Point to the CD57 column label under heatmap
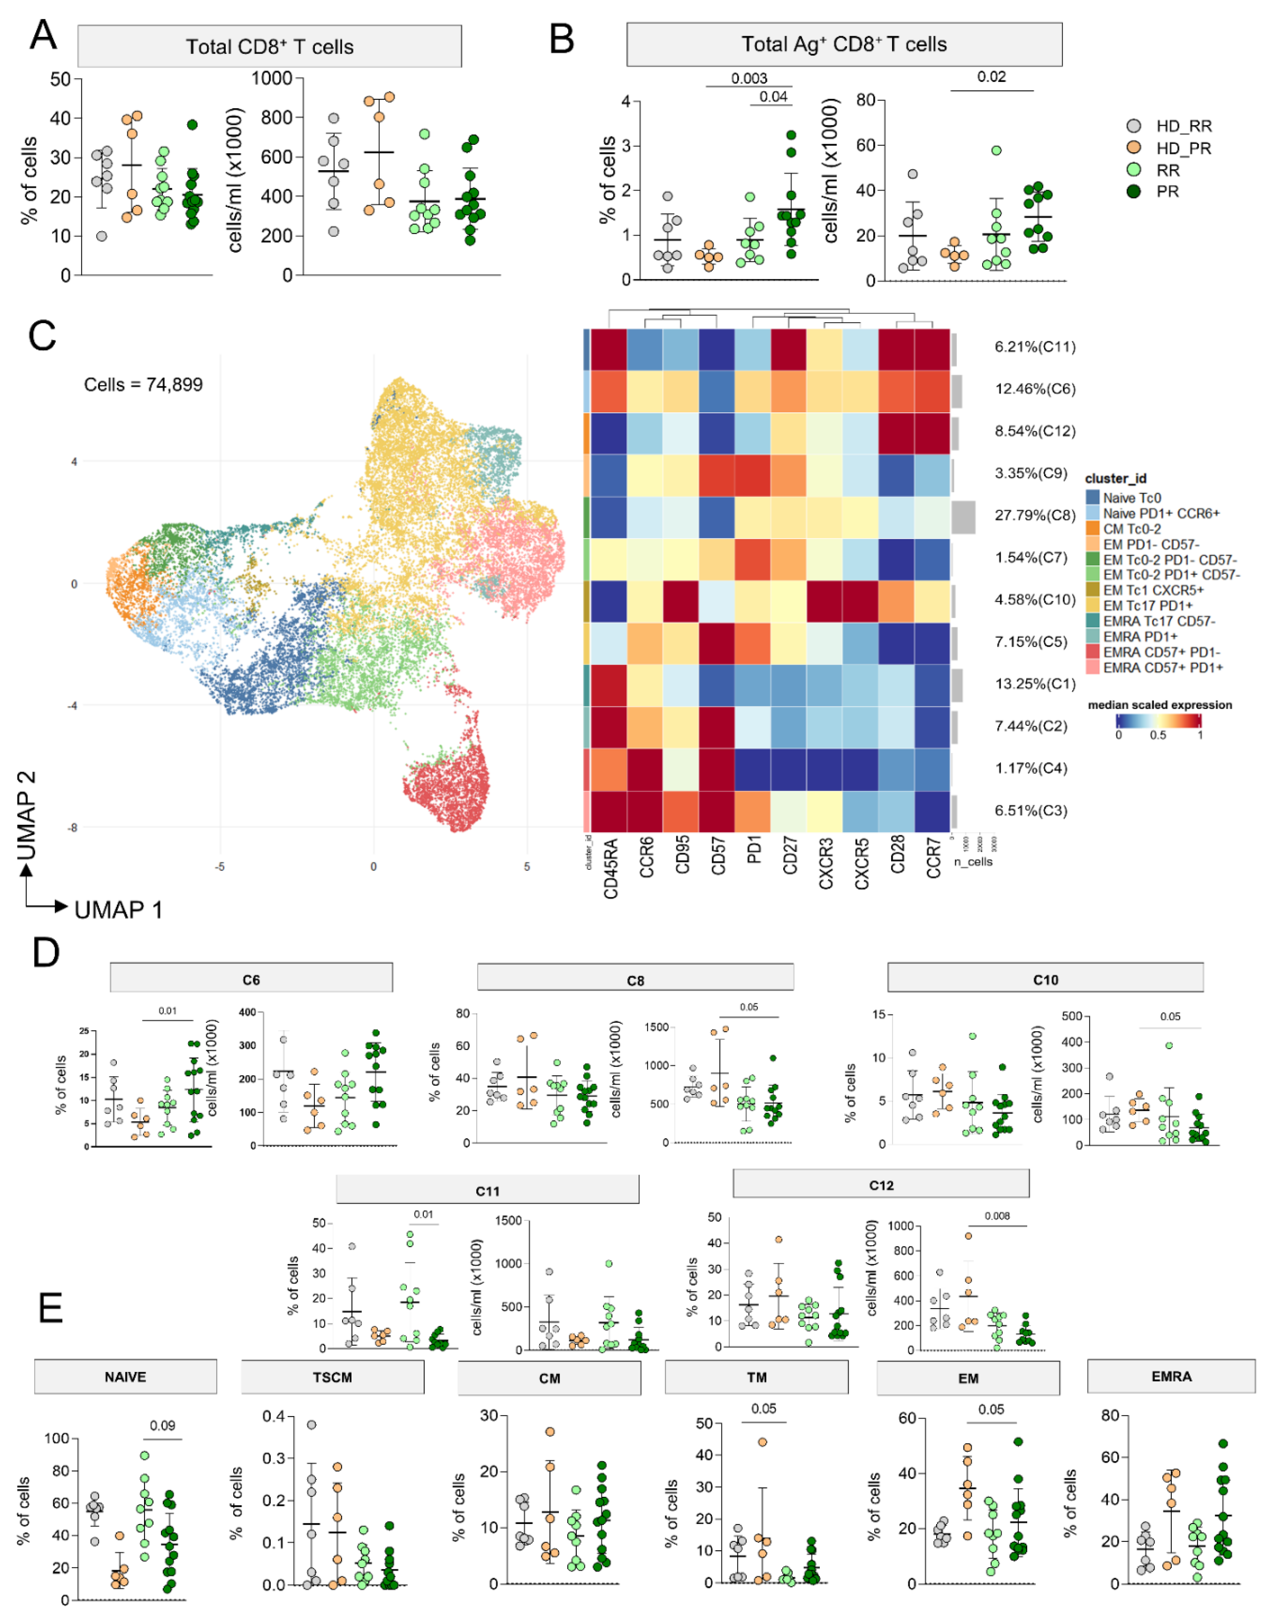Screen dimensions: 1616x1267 pyautogui.click(x=717, y=857)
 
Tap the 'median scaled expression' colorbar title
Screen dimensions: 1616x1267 pyautogui.click(x=1159, y=704)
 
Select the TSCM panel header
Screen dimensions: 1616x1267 pyautogui.click(x=332, y=1377)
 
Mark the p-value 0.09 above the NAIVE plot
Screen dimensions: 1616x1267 pyautogui.click(x=162, y=1425)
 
